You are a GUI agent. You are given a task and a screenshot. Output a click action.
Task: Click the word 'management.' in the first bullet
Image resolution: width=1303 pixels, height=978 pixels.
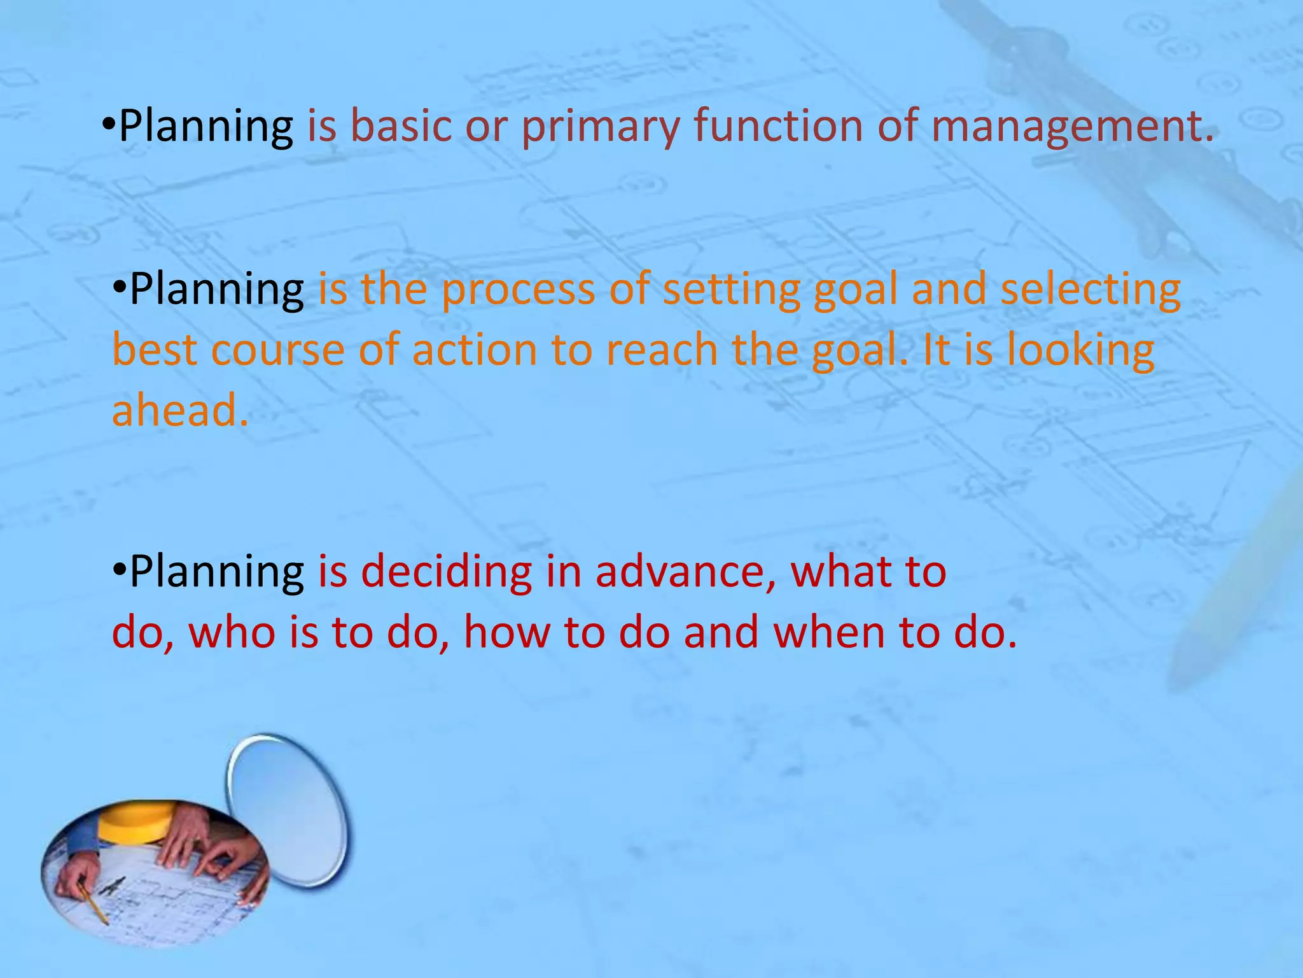[1072, 125]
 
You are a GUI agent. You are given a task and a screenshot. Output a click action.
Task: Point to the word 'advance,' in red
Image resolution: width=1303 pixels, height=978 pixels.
[686, 571]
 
